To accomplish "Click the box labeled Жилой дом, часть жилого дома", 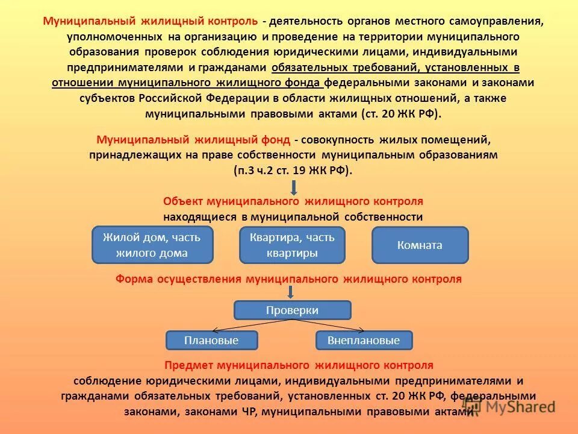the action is (x=152, y=245).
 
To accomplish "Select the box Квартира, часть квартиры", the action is (x=292, y=245).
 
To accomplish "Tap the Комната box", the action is (x=420, y=245).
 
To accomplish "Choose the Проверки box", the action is (x=292, y=310).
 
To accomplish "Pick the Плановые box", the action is (x=211, y=341).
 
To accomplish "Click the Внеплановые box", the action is (x=364, y=341).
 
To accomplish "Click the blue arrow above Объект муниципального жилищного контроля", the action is (x=293, y=186).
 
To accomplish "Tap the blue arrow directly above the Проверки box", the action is (x=290, y=292).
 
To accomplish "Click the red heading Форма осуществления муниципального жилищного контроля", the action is (x=288, y=279).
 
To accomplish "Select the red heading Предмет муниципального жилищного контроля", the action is (x=299, y=365).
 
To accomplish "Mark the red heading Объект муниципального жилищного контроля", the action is (x=293, y=201).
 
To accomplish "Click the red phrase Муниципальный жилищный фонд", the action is (x=193, y=140).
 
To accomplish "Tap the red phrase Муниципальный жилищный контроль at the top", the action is (x=151, y=21).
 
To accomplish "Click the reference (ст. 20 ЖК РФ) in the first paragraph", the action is (x=401, y=114).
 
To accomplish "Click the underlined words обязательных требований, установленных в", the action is (x=396, y=67).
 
